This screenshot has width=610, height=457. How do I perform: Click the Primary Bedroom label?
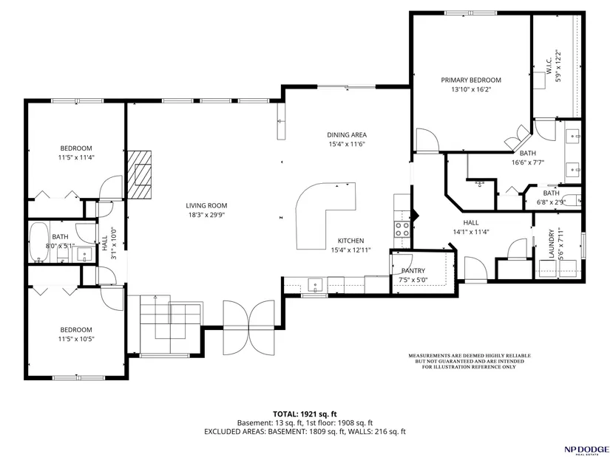pyautogui.click(x=471, y=80)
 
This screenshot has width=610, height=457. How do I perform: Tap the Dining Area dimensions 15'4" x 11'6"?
pyautogui.click(x=347, y=144)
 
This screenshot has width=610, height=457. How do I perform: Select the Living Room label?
pyautogui.click(x=206, y=205)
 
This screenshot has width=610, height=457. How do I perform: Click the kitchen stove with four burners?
pyautogui.click(x=402, y=229)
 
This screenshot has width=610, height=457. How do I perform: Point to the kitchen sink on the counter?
pyautogui.click(x=315, y=285)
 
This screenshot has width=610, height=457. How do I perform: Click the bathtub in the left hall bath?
pyautogui.click(x=39, y=242)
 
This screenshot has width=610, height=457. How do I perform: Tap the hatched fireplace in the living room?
pyautogui.click(x=139, y=174)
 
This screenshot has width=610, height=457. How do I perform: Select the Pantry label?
pyautogui.click(x=413, y=271)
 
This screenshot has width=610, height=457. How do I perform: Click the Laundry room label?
pyautogui.click(x=551, y=244)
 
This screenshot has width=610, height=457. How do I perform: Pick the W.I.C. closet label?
pyautogui.click(x=549, y=67)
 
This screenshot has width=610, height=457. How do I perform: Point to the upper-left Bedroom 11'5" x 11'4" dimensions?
pyautogui.click(x=77, y=157)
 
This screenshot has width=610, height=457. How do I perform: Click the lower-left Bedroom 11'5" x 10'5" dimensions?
pyautogui.click(x=76, y=339)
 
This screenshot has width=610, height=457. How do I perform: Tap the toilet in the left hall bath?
pyautogui.click(x=63, y=255)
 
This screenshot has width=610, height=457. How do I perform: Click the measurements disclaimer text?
pyautogui.click(x=470, y=361)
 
